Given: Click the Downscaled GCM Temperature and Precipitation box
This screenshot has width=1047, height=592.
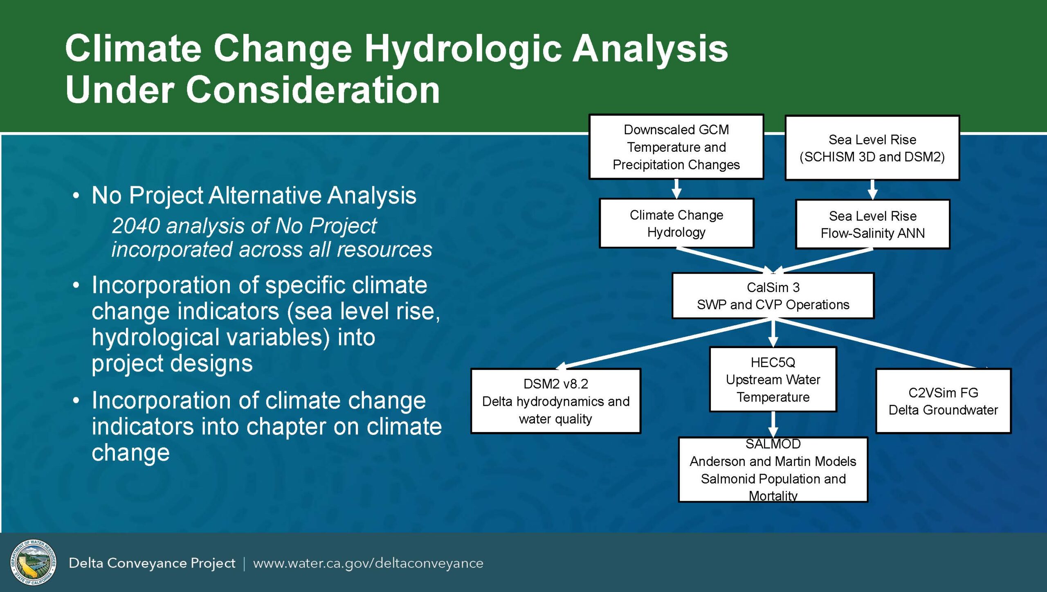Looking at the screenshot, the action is click(676, 146).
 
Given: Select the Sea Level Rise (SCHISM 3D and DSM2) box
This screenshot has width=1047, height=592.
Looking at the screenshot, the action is click(872, 148).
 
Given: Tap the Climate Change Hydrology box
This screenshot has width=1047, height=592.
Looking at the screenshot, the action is click(676, 223).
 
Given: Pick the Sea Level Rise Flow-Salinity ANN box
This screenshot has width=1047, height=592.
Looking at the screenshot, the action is click(872, 224).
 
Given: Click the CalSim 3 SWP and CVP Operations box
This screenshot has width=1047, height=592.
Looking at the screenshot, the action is click(773, 295).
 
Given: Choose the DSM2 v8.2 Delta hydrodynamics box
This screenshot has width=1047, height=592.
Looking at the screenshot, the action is click(556, 401).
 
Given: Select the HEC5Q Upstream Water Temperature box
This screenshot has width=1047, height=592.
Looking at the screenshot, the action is click(773, 379).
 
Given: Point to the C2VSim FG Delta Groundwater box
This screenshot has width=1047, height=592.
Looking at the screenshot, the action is click(943, 401).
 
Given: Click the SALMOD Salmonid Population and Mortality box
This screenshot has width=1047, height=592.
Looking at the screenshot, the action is click(773, 470).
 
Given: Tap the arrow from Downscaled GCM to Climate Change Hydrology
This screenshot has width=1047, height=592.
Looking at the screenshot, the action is click(676, 189).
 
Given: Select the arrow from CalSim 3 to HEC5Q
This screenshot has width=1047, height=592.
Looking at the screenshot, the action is click(773, 333).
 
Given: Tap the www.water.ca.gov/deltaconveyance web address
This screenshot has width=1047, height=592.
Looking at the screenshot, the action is click(368, 563).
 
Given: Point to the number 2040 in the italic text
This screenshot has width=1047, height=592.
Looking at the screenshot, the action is click(135, 225).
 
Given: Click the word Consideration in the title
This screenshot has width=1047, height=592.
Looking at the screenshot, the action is click(313, 90).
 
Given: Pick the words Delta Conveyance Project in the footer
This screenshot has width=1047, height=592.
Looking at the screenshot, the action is click(152, 563).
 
